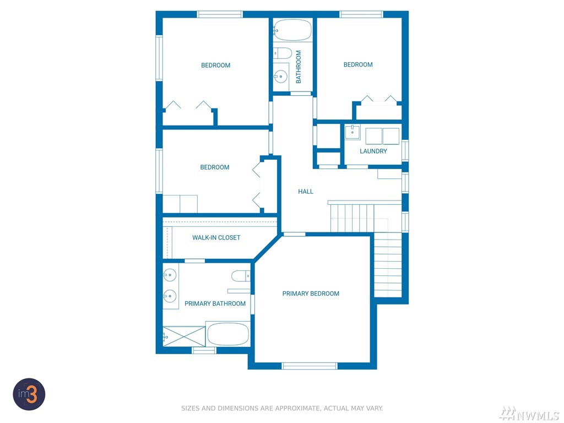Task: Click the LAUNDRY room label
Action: pyautogui.click(x=373, y=151)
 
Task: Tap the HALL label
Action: pyautogui.click(x=305, y=191)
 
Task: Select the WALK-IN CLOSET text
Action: pyautogui.click(x=216, y=237)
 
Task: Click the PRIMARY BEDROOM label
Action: pyautogui.click(x=311, y=294)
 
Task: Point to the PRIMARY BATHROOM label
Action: pyautogui.click(x=215, y=303)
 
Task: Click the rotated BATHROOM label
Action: pyautogui.click(x=299, y=67)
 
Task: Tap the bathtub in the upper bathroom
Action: pyautogui.click(x=292, y=30)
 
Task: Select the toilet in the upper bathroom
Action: pyautogui.click(x=283, y=53)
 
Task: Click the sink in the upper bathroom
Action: pyautogui.click(x=280, y=77)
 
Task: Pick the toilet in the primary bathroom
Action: pyautogui.click(x=241, y=276)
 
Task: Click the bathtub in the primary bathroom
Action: pyautogui.click(x=228, y=334)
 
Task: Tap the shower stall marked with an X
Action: pyautogui.click(x=184, y=337)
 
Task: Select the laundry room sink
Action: pyautogui.click(x=352, y=132)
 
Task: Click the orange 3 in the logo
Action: pyautogui.click(x=31, y=394)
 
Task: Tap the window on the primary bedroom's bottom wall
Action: pyautogui.click(x=310, y=366)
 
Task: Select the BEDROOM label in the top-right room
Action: pyautogui.click(x=358, y=65)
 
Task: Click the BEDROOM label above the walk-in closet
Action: pyautogui.click(x=215, y=167)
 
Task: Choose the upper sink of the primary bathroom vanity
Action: pyautogui.click(x=170, y=275)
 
